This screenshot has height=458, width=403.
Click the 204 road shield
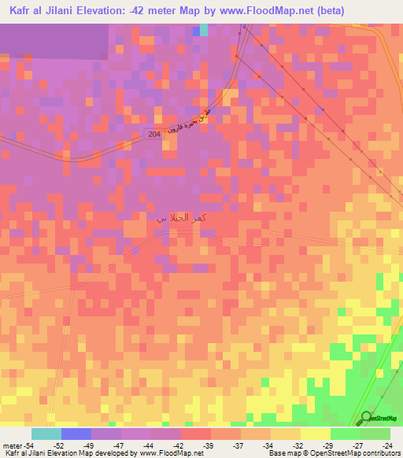pos(153,135)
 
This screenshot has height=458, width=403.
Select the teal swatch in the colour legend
pos(46,434)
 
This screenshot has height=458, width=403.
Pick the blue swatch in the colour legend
pos(76,434)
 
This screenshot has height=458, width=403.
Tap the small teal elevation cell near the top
pos(203,30)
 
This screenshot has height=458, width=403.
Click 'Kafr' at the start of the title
pos(22,9)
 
